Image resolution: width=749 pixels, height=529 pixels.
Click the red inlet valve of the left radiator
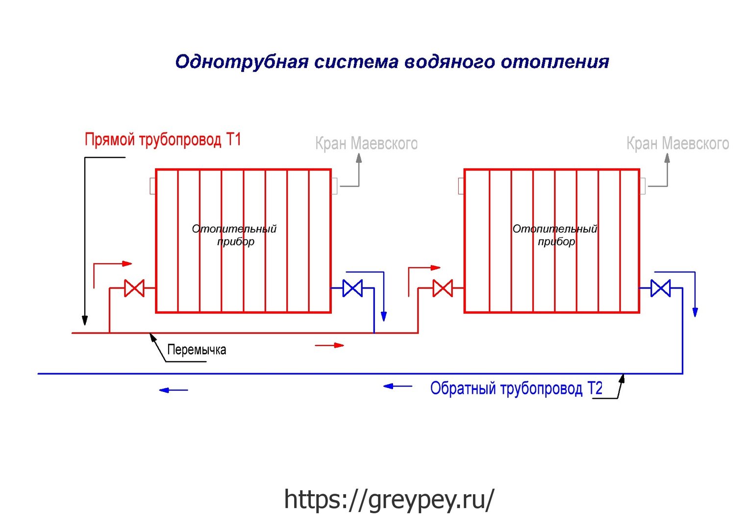point(134,288)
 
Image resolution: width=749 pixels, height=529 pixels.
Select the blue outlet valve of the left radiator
point(352,288)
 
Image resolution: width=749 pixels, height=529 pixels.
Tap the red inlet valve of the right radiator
point(443,288)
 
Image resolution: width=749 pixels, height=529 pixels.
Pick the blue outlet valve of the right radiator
point(661,288)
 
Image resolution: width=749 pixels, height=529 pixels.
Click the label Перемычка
point(197,350)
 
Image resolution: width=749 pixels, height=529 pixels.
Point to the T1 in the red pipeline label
point(234,139)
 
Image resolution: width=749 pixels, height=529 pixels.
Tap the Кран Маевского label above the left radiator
point(367,144)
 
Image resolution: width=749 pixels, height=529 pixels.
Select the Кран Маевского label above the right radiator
point(678,144)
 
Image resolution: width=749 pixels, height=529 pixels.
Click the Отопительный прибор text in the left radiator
point(234,235)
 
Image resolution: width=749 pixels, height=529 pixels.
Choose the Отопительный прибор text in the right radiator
point(555,235)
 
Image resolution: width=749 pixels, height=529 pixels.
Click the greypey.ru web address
point(389,499)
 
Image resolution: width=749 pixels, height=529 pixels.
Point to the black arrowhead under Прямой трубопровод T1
point(85,320)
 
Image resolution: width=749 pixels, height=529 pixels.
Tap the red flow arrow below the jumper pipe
point(329,345)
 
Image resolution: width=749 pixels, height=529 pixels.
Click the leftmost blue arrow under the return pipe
point(174,390)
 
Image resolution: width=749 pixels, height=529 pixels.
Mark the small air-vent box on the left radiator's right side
point(334,186)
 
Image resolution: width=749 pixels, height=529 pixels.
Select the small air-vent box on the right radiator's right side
point(642,186)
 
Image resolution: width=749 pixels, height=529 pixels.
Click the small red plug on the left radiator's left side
point(153,186)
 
